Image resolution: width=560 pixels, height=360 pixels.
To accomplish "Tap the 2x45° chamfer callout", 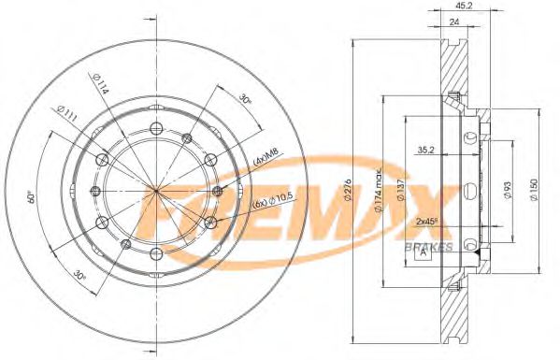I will [x=426, y=222].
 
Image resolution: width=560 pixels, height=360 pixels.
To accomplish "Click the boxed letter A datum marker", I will [x=424, y=251].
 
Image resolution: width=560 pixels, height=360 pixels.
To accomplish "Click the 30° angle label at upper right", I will [x=244, y=97].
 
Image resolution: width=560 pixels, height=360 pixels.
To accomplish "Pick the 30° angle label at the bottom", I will [x=80, y=275].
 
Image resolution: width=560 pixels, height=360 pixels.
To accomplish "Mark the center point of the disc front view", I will [x=157, y=191].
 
